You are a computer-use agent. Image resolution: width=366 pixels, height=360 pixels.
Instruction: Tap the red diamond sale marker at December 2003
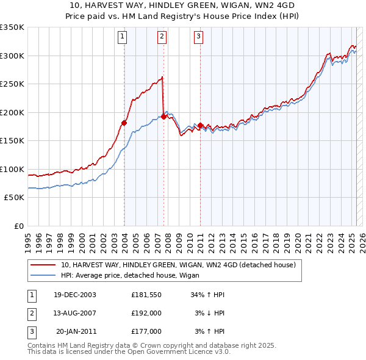click(124, 123)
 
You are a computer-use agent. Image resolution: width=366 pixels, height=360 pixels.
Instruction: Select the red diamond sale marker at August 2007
click(163, 117)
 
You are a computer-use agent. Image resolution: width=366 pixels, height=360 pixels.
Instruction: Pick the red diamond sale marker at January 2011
click(201, 126)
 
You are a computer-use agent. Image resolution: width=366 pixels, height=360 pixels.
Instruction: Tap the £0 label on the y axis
click(19, 226)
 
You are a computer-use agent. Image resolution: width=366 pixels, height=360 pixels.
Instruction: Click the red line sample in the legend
click(43, 265)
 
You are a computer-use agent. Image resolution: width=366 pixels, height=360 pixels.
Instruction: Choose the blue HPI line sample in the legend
click(43, 275)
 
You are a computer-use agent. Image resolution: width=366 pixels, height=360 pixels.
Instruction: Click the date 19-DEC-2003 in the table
click(75, 295)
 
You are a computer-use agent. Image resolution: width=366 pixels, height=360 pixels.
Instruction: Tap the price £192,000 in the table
click(146, 313)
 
